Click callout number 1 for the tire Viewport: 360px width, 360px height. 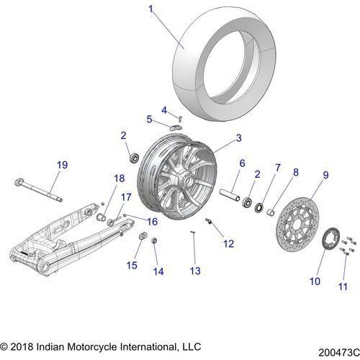(151, 9)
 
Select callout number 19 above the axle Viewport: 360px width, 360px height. (62, 165)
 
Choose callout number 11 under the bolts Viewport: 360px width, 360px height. (343, 287)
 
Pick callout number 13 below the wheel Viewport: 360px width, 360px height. (194, 270)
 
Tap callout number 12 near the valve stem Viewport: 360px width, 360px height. (228, 244)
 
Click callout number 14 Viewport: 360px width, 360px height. (158, 271)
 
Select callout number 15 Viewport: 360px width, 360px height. (131, 266)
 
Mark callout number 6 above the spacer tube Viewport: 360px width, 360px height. (222, 163)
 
